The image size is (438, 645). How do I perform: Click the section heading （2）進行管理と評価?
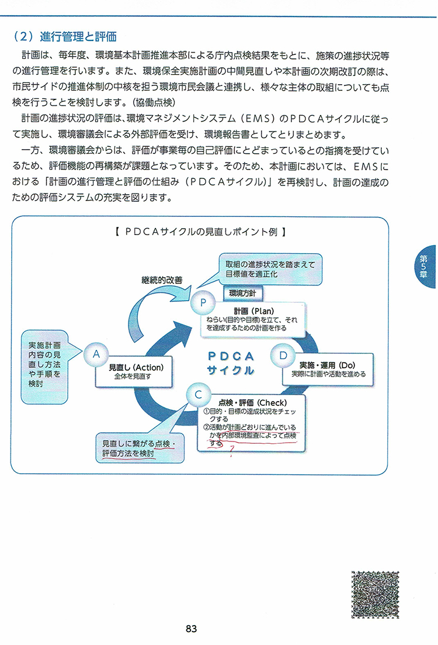click(65, 37)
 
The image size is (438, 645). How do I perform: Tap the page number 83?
click(191, 629)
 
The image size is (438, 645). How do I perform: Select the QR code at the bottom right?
click(375, 594)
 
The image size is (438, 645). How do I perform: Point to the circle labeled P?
click(203, 303)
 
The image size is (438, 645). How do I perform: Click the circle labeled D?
click(283, 356)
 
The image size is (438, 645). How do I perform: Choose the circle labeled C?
click(198, 395)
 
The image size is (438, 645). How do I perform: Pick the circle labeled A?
click(96, 354)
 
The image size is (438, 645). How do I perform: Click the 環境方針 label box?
click(242, 294)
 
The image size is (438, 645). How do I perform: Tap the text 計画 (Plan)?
click(254, 311)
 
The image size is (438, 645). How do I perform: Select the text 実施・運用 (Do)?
click(327, 365)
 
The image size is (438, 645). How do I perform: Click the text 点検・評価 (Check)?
click(252, 403)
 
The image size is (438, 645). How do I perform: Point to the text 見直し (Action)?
click(136, 367)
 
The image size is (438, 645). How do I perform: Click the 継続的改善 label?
click(162, 280)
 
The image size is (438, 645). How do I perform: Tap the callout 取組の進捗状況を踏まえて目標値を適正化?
click(270, 269)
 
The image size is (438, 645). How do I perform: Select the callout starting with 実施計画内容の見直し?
click(44, 367)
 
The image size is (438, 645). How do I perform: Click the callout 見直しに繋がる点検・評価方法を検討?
click(140, 448)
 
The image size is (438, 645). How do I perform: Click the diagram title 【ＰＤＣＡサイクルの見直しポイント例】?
click(200, 232)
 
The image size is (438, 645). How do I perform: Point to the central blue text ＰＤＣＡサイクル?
click(231, 363)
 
